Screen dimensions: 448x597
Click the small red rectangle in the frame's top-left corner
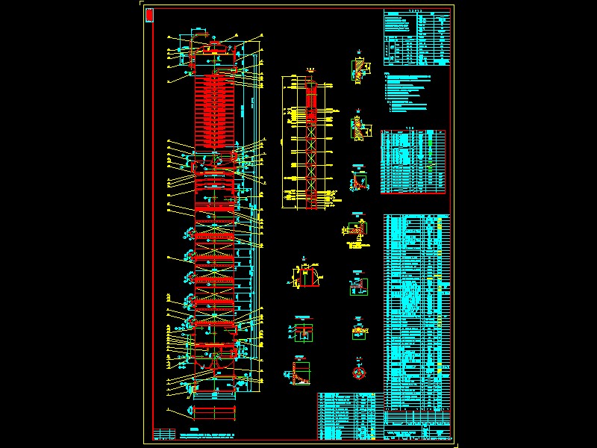pyautogui.click(x=149, y=14)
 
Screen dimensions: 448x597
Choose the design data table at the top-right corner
pyautogui.click(x=418, y=37)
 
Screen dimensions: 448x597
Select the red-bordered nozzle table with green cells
pyautogui.click(x=415, y=161)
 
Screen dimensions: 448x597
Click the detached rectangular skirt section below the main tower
pyautogui.click(x=215, y=413)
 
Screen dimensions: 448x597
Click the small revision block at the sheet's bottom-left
pyautogui.click(x=161, y=434)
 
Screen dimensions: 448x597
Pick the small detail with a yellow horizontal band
pyautogui.click(x=359, y=329)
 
